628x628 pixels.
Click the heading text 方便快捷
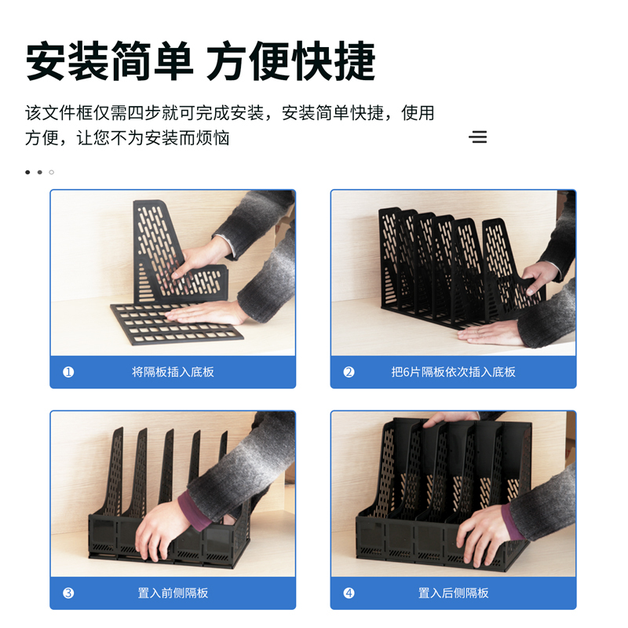(291, 61)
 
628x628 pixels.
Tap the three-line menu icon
(477, 137)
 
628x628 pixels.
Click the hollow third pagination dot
(52, 172)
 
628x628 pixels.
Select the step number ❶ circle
(68, 372)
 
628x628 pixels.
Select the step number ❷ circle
(349, 372)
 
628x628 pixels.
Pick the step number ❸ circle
(68, 593)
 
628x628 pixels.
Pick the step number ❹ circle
(349, 593)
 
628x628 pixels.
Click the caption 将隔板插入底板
(173, 372)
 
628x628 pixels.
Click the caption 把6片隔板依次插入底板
(453, 372)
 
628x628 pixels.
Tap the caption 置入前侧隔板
(173, 593)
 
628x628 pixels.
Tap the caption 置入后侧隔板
(453, 593)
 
